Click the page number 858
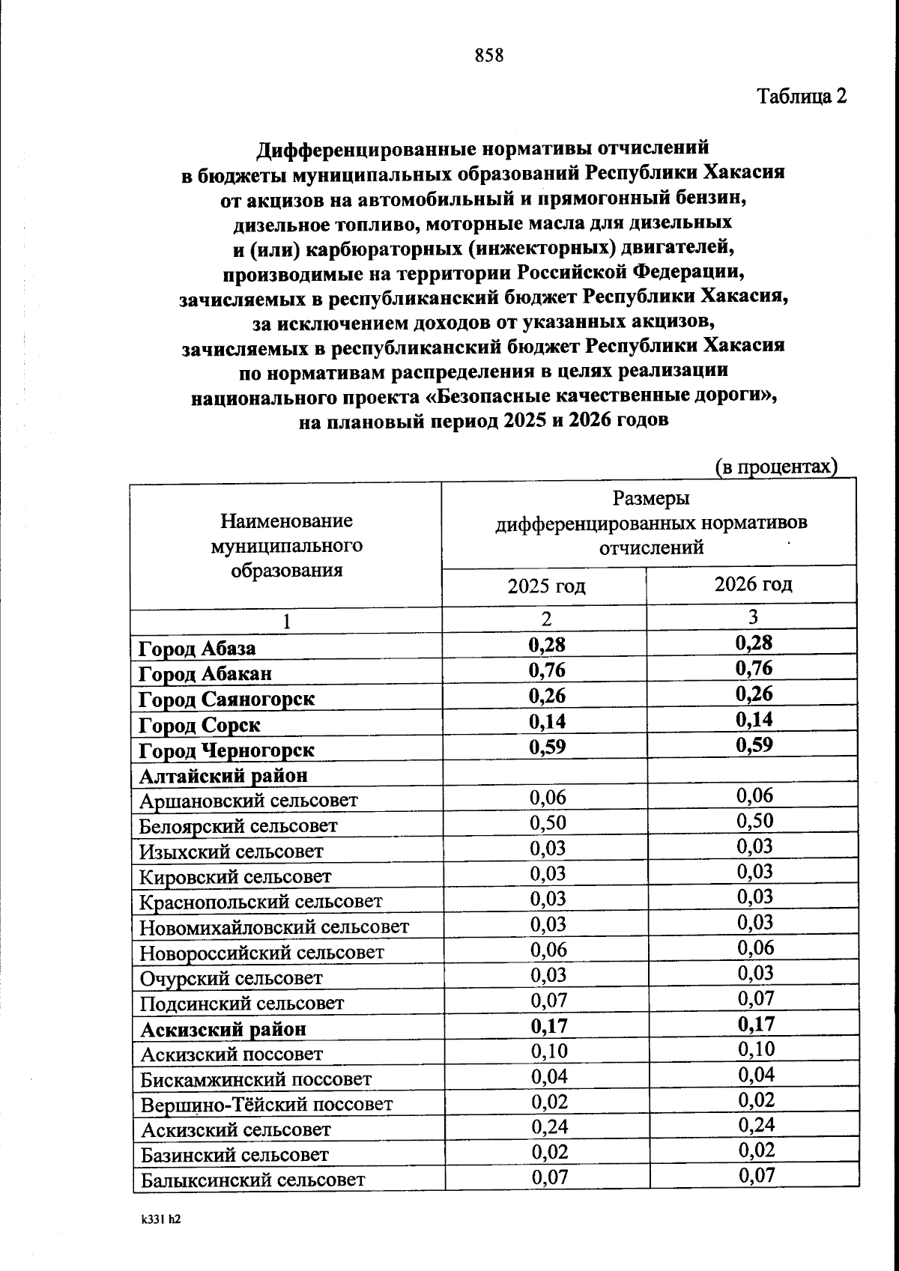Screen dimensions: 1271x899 (488, 55)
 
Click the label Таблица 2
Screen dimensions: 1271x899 (802, 97)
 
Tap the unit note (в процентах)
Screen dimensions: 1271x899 (775, 467)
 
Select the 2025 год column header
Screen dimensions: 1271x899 (546, 586)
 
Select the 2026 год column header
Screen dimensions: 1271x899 (753, 583)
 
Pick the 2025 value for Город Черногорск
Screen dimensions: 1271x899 (547, 747)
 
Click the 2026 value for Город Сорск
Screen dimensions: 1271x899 (754, 719)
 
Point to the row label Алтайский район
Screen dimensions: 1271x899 (223, 775)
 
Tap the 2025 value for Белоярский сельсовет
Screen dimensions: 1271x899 (548, 822)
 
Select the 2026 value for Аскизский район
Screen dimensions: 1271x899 (755, 1024)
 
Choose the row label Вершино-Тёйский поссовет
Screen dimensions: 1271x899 (267, 1104)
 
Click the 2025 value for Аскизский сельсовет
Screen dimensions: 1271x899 (549, 1126)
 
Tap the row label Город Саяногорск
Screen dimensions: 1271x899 (226, 699)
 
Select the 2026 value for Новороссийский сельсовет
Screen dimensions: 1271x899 (754, 947)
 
